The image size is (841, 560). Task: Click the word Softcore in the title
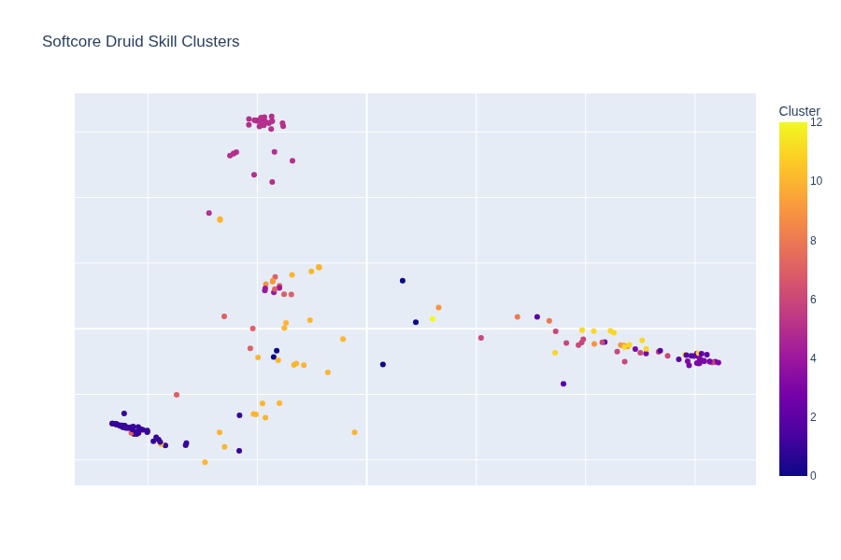(x=72, y=42)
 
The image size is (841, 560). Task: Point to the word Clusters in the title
(x=214, y=42)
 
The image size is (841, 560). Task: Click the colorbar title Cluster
(x=799, y=111)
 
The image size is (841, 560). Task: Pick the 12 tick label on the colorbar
(x=816, y=122)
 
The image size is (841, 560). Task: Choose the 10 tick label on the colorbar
(x=816, y=181)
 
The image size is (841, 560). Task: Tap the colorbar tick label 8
(x=813, y=241)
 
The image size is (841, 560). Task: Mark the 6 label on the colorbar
(x=813, y=300)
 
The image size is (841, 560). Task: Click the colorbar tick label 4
(x=813, y=358)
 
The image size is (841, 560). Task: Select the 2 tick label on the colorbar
(x=813, y=417)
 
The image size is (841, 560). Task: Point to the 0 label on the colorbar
(x=813, y=476)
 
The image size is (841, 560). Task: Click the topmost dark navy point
(x=403, y=281)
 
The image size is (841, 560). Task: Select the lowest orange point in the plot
(x=206, y=462)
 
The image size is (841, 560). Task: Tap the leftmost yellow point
(x=433, y=319)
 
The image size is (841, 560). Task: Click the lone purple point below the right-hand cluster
(x=563, y=384)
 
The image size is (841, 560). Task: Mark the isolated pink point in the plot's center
(x=481, y=338)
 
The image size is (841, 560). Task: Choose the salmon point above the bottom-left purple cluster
(x=177, y=395)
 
